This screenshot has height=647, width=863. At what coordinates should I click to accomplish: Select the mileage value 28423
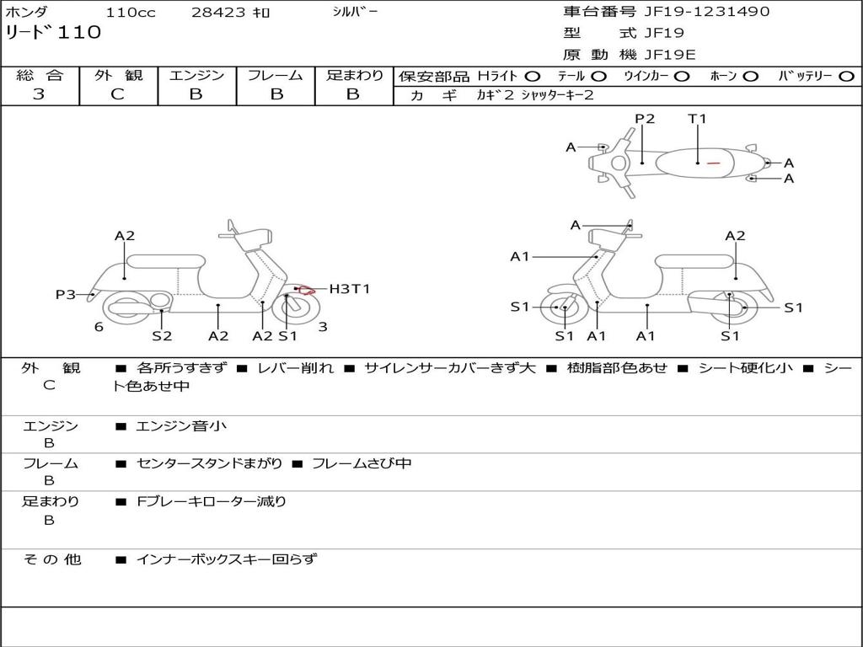coord(219,13)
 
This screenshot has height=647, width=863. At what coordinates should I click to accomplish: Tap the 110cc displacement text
coord(128,13)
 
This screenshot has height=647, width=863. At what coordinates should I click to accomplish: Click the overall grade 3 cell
coord(39,94)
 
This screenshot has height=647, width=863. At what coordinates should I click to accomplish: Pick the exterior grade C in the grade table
coord(117,94)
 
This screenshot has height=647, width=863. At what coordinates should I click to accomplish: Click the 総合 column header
coord(39,76)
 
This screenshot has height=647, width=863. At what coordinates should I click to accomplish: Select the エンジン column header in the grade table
coord(196,76)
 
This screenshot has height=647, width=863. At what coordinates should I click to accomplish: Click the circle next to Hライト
coord(533,77)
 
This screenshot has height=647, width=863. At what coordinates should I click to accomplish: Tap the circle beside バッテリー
coord(846,77)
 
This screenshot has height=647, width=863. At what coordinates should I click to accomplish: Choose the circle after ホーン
coord(751,77)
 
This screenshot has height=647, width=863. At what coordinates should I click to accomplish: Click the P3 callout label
coord(66,295)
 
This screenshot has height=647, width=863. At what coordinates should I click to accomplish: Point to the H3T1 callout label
coord(349,289)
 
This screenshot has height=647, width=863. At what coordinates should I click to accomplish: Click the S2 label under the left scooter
coord(162,336)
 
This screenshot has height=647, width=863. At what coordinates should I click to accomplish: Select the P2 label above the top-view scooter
coord(645,119)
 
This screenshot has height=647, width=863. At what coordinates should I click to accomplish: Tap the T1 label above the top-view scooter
coord(697,119)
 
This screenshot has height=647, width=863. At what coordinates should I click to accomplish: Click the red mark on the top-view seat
coord(713,163)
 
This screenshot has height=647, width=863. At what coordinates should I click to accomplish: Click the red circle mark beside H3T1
coord(307,291)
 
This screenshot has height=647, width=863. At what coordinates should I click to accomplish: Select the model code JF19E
coord(670,55)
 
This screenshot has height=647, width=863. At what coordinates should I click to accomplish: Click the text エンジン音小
coord(181,426)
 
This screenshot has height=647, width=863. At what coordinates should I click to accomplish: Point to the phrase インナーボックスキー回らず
coord(227,559)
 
